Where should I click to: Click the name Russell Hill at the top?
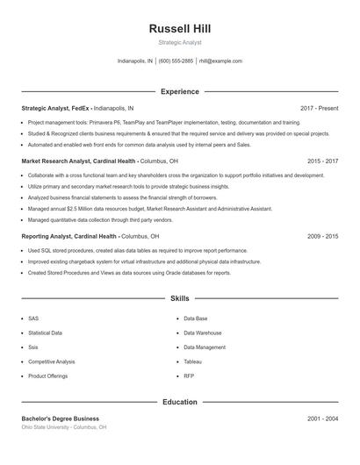180,29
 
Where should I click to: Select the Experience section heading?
180,91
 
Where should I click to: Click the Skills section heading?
180,299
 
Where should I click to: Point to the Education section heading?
180,402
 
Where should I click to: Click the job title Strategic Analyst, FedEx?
56,108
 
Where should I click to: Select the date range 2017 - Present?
319,108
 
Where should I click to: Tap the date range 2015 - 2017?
322,161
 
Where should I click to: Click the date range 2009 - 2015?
322,236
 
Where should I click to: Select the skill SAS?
33,318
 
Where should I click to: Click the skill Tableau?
193,361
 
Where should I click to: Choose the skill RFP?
189,376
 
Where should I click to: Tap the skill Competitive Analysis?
52,361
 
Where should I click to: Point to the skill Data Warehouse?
203,333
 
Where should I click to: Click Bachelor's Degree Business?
61,418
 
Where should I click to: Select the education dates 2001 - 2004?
322,418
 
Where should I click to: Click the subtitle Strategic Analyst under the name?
180,42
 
